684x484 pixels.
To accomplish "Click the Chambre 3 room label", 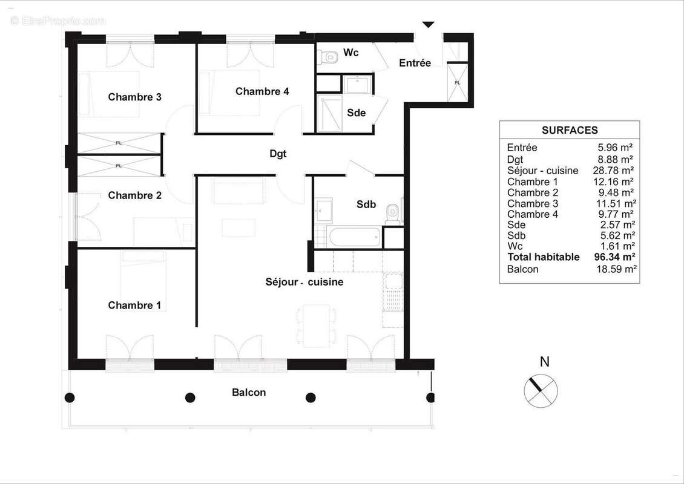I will (x=134, y=97).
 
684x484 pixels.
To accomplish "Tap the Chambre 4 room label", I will (x=262, y=91).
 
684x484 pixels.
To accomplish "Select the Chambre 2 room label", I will (x=134, y=195).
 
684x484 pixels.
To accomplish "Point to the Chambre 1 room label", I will (x=134, y=306).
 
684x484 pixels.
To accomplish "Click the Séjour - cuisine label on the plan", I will (x=304, y=282).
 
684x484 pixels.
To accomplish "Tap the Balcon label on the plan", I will (x=249, y=393).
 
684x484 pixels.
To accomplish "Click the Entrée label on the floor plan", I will (x=415, y=63).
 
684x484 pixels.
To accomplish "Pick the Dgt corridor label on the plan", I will (x=278, y=154).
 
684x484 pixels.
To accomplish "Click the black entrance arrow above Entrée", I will (x=428, y=25).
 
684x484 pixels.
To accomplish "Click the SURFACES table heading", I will (x=569, y=130).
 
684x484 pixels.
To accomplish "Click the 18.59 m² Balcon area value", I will (x=616, y=269).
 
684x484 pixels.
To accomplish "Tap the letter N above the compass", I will (x=545, y=362).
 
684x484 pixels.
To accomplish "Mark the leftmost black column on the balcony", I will (x=70, y=397).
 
